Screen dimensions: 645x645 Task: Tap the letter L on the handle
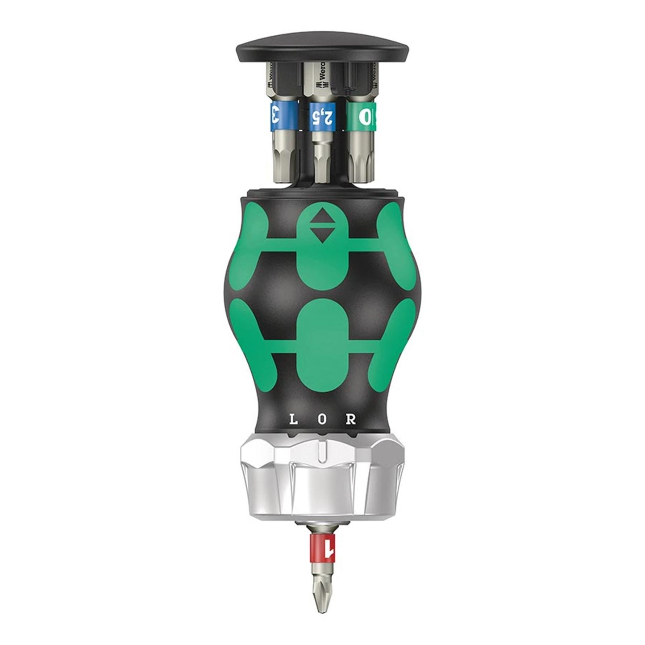tap(293, 420)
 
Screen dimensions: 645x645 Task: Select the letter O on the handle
tap(322, 420)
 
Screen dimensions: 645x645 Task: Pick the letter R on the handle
tap(352, 420)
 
